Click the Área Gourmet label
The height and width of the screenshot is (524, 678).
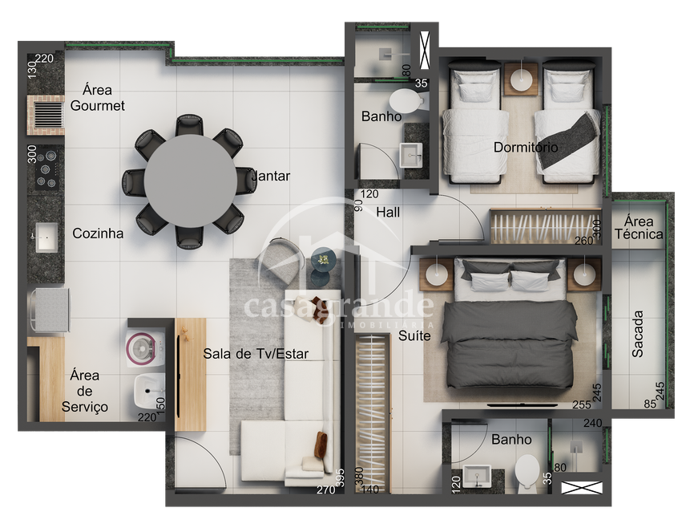pyautogui.click(x=97, y=98)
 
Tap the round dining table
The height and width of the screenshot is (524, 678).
pyautogui.click(x=190, y=181)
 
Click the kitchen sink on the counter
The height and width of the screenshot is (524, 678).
pyautogui.click(x=46, y=237)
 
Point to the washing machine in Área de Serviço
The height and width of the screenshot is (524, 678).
pyautogui.click(x=145, y=350)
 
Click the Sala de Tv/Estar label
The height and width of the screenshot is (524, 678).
pyautogui.click(x=256, y=354)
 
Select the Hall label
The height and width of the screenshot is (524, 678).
pyautogui.click(x=388, y=212)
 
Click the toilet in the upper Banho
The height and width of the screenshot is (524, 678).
pyautogui.click(x=407, y=101)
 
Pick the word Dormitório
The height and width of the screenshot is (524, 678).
pyautogui.click(x=526, y=147)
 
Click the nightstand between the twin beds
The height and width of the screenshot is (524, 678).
pyautogui.click(x=521, y=79)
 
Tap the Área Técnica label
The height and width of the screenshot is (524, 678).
pyautogui.click(x=639, y=228)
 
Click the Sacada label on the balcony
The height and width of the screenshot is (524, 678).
pyautogui.click(x=637, y=334)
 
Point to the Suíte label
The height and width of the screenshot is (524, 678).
pyautogui.click(x=414, y=335)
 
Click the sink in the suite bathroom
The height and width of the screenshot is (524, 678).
pyautogui.click(x=477, y=477)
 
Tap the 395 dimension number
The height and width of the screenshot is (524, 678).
pyautogui.click(x=341, y=477)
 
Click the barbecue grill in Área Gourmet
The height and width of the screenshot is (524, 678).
pyautogui.click(x=46, y=115)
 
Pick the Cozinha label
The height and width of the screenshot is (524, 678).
pyautogui.click(x=98, y=234)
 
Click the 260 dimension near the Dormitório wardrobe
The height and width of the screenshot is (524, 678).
pyautogui.click(x=583, y=241)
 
